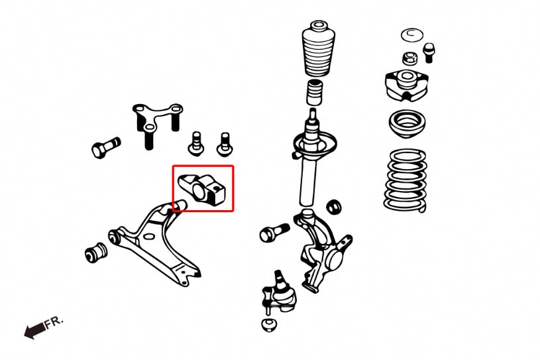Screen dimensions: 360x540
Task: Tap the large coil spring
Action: tap(405, 179)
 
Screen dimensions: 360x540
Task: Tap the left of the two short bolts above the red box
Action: tap(196, 142)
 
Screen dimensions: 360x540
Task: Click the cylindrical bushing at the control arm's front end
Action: tap(97, 253)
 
